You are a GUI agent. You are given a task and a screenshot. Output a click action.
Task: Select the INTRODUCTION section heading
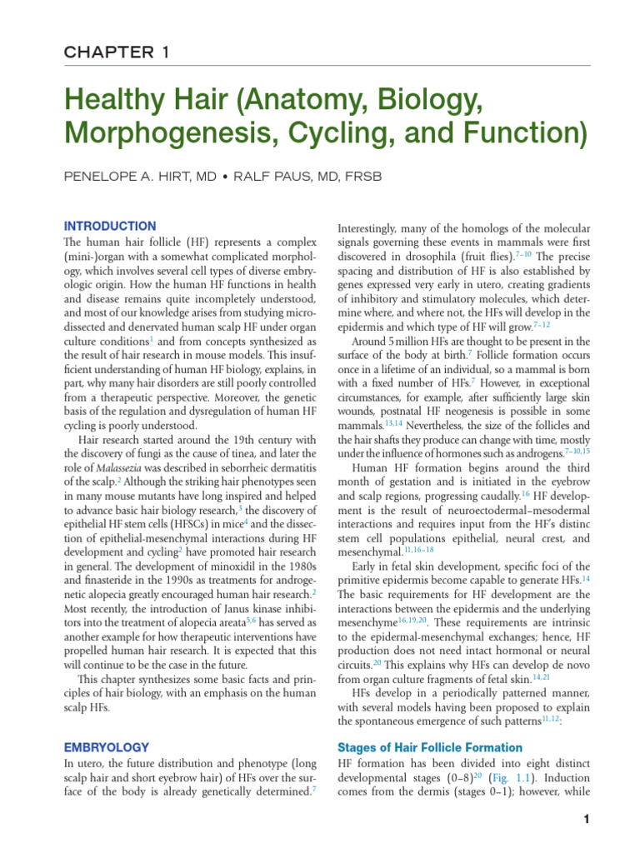point(110,226)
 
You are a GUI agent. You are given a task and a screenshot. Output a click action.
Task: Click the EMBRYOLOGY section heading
point(107,747)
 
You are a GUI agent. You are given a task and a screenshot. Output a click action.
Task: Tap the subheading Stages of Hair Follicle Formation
point(428,747)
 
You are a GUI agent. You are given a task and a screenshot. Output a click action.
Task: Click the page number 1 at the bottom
point(587,820)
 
